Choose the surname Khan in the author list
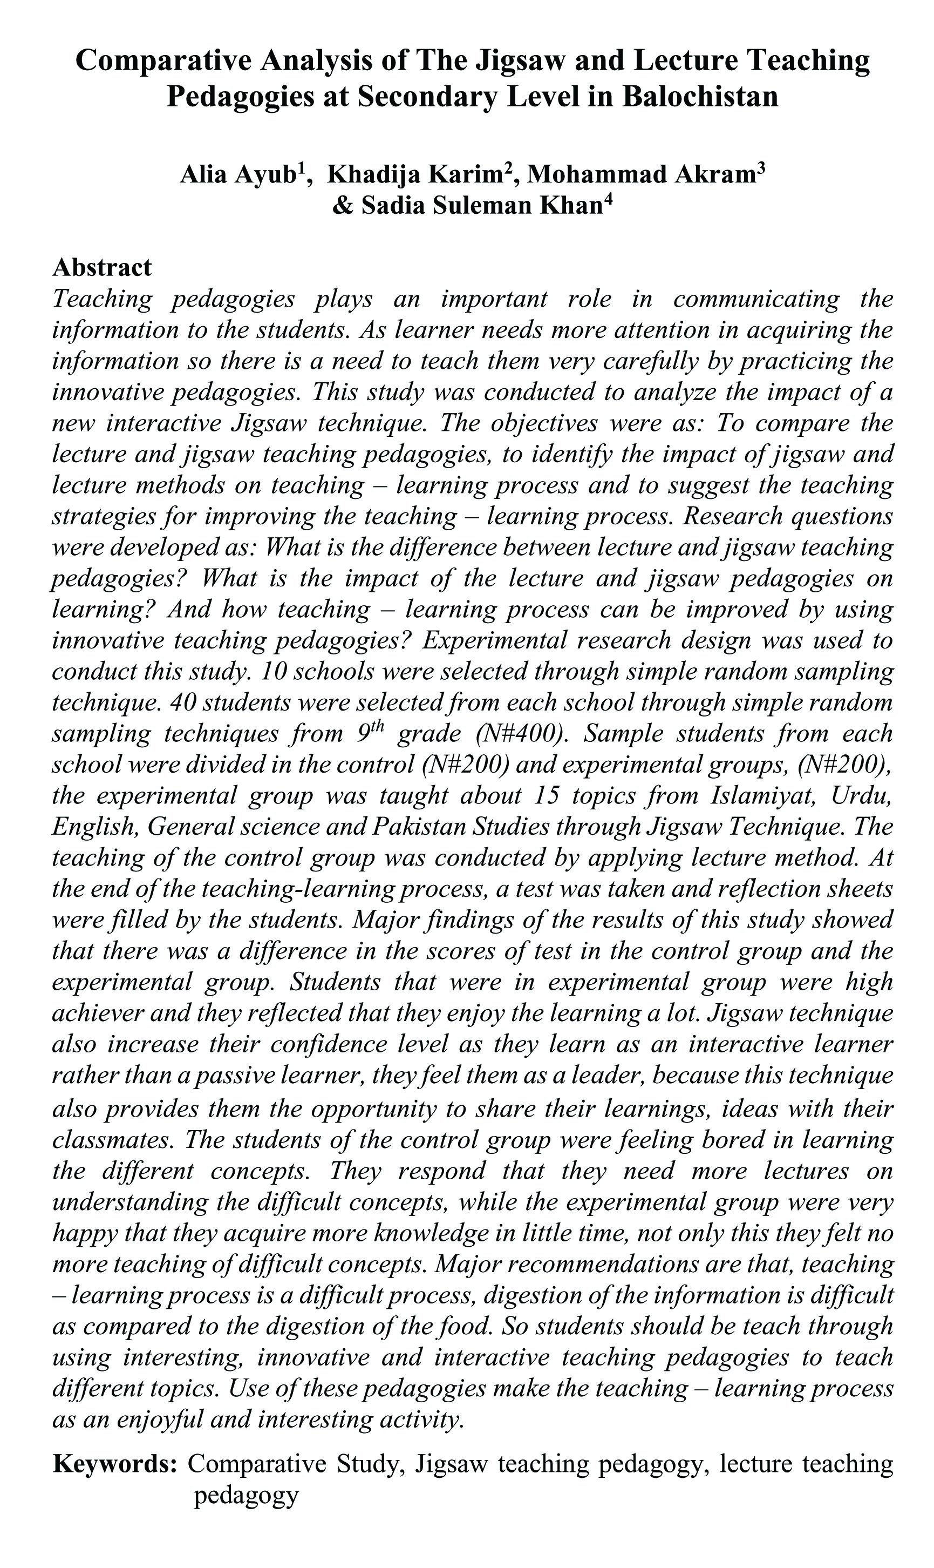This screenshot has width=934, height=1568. (572, 205)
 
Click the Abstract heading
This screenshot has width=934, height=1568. (102, 268)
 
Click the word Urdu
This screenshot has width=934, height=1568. (862, 796)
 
